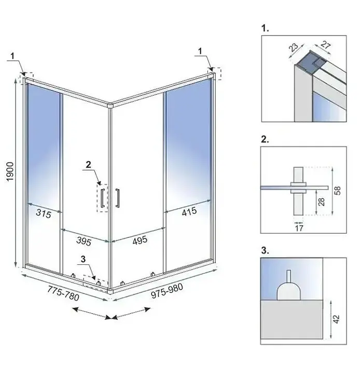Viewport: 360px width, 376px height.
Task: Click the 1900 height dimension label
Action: pos(10,171)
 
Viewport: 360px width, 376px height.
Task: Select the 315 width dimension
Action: pos(44,213)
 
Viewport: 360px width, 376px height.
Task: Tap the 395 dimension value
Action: pos(84,241)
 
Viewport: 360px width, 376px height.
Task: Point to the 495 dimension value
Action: pos(140,240)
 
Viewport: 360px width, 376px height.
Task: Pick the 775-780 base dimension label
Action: pos(63,293)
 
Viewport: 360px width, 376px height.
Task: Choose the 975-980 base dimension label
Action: pos(167,291)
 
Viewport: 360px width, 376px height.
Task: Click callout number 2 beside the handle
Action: pos(88,165)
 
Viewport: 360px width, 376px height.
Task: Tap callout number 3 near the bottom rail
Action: pos(83,259)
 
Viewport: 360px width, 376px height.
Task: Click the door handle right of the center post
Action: pos(118,198)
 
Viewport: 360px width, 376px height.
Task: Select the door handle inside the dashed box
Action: pos(103,198)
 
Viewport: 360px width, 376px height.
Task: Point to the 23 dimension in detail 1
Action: pos(294,47)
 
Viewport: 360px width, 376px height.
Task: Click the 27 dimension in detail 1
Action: pos(326,45)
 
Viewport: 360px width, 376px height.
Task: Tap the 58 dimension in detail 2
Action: pos(337,191)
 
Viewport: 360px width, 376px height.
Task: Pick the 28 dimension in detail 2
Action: pos(322,202)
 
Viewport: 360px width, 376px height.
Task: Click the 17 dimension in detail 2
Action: pos(299,228)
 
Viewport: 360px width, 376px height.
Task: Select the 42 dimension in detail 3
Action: pos(337,319)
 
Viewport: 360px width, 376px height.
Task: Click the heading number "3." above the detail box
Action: pos(265,250)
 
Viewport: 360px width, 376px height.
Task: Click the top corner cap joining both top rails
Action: pos(110,106)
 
